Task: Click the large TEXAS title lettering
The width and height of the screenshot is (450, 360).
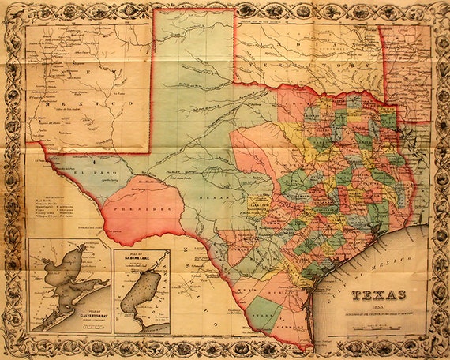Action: (380, 295)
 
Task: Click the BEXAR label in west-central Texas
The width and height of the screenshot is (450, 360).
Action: (213, 192)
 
